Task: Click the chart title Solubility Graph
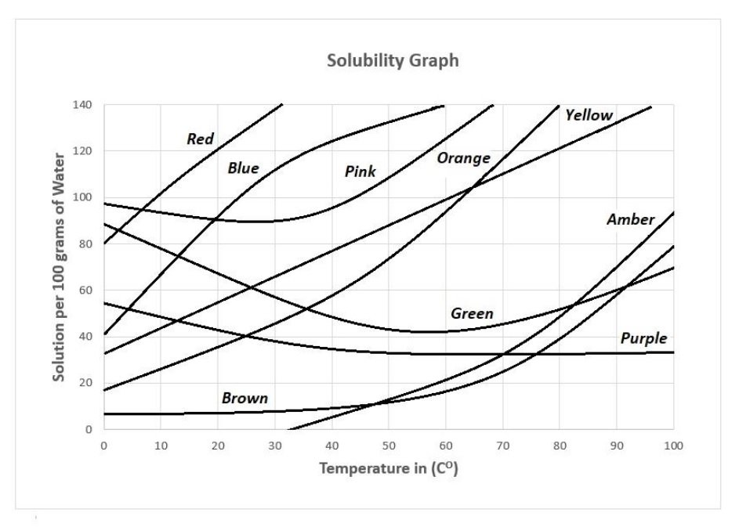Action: click(x=393, y=61)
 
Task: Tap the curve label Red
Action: click(x=200, y=139)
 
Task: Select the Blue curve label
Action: click(x=243, y=168)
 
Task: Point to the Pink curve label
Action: click(x=360, y=171)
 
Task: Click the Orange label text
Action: click(x=463, y=158)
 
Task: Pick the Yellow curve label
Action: click(x=589, y=116)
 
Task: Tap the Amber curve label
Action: click(x=630, y=220)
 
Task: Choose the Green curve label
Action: click(x=472, y=314)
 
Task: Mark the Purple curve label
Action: click(x=643, y=338)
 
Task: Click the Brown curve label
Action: click(x=245, y=399)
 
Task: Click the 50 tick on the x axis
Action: click(x=389, y=446)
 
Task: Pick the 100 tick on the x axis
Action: click(x=673, y=446)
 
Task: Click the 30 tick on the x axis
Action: click(x=274, y=446)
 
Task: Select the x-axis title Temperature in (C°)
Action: click(x=393, y=469)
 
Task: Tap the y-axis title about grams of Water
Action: click(x=58, y=269)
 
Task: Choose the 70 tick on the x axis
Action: click(x=502, y=446)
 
